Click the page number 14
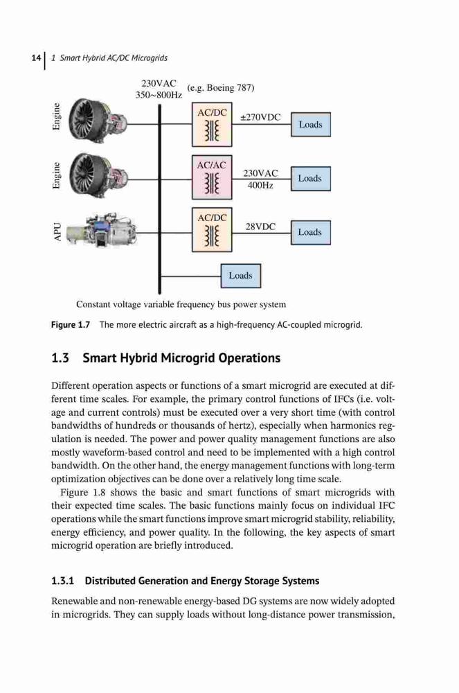[x=36, y=58]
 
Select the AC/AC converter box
[x=212, y=177]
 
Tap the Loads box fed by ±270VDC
[x=311, y=125]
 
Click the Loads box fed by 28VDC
[x=311, y=232]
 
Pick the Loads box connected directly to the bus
[x=240, y=276]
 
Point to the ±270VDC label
[x=260, y=117]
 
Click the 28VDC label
[x=260, y=227]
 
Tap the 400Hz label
[x=260, y=185]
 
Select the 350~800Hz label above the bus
[x=159, y=94]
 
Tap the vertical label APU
[x=57, y=232]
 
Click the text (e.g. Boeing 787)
[x=221, y=87]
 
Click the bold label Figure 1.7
[x=71, y=325]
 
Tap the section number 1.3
[x=60, y=358]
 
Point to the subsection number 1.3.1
[x=63, y=581]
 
